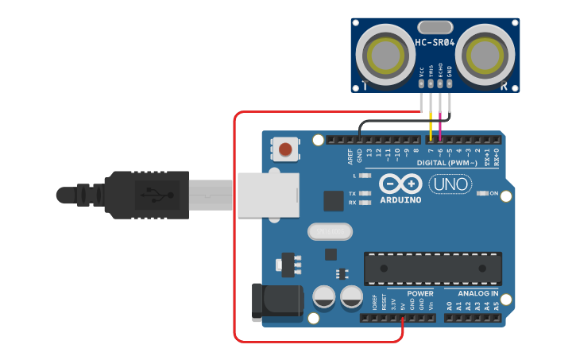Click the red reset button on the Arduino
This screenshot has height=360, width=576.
point(285,148)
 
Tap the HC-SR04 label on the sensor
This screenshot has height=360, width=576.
point(435,43)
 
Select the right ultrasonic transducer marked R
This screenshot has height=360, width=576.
point(486,56)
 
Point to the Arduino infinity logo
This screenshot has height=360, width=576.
point(400,184)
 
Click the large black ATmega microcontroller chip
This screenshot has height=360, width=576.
point(433,269)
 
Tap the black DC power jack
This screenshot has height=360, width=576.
point(276,300)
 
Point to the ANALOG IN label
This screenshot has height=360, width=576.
point(478,293)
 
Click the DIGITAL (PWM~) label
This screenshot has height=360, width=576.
point(447,163)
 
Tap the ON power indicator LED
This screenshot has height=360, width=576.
point(481,193)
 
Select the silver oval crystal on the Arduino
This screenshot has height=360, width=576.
point(329,231)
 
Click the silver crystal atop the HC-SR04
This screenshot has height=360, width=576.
point(435,28)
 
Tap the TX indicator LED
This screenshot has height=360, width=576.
point(366,193)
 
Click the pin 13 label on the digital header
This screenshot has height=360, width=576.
point(369,152)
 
